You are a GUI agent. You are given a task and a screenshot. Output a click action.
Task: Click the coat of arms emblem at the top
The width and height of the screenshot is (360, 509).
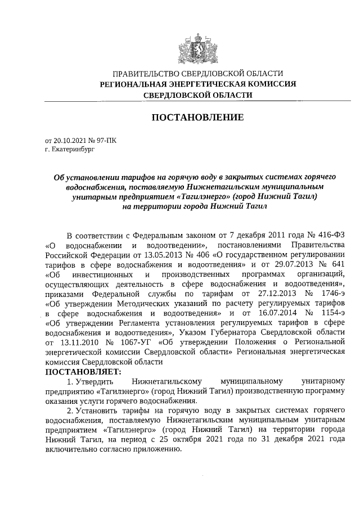[x=197, y=48]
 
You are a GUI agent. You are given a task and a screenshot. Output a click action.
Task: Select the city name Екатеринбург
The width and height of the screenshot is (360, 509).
[x=70, y=150]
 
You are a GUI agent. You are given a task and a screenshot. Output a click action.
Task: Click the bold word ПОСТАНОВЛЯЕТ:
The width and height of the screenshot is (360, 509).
[x=83, y=372]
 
